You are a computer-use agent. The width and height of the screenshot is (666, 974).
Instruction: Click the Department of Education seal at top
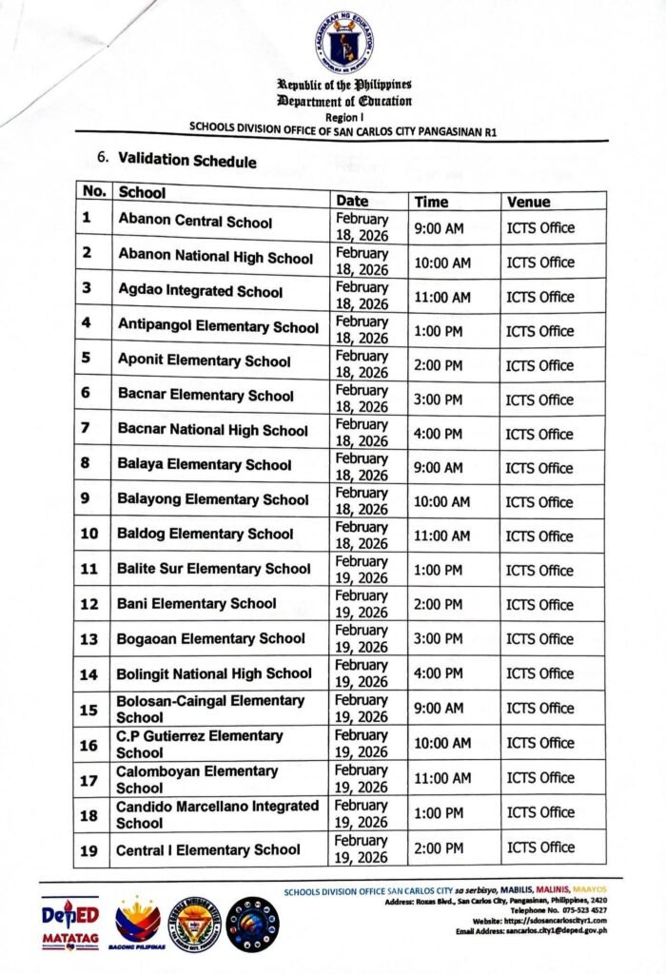tap(345, 41)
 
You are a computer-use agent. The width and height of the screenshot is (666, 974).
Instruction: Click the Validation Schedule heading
tap(186, 160)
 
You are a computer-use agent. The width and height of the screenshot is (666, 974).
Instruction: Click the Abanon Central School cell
tap(195, 222)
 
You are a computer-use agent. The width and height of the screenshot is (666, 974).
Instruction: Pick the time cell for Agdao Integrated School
tap(441, 297)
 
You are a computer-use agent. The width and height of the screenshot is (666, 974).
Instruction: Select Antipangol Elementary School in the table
tap(218, 326)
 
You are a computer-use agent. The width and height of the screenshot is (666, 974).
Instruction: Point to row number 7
tap(87, 429)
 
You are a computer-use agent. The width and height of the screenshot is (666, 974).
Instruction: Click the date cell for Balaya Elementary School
tap(362, 467)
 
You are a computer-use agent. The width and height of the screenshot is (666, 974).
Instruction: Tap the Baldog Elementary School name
tap(206, 534)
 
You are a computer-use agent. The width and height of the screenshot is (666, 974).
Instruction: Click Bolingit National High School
tap(214, 673)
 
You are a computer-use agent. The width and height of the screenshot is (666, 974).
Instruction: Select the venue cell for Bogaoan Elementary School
tap(539, 639)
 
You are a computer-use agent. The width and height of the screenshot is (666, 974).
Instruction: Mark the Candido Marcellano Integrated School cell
tap(217, 814)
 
